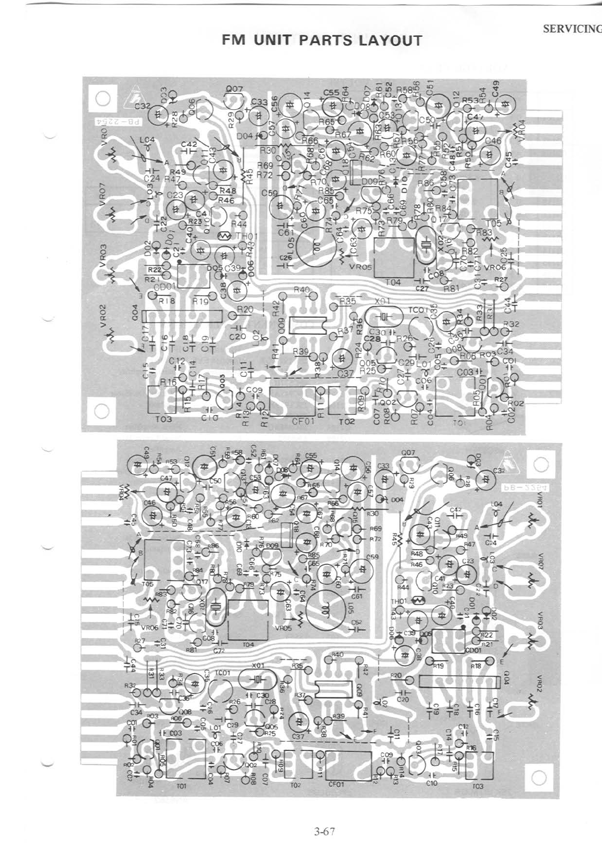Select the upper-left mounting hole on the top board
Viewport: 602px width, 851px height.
point(103,98)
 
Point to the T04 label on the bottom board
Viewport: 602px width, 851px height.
point(248,645)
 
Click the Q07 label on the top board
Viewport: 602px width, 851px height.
point(235,89)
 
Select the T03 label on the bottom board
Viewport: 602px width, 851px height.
point(477,786)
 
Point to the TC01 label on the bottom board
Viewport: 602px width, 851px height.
point(223,673)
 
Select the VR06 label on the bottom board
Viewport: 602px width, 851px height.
point(150,628)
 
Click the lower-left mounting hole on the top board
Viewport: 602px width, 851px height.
point(101,411)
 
